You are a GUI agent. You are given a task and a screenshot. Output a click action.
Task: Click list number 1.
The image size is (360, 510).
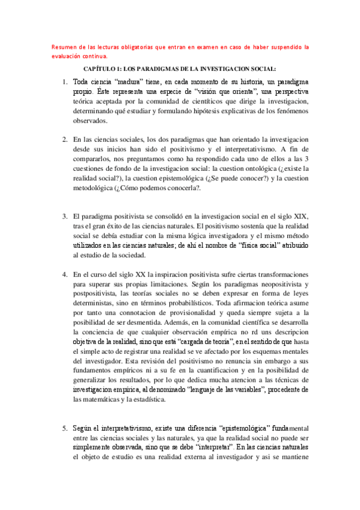65,81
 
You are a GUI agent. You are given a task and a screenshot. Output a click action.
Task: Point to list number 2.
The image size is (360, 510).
65,140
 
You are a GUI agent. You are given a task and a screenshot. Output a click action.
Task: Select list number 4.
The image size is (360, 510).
65,274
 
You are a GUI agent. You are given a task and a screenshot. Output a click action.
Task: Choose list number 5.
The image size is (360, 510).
65,428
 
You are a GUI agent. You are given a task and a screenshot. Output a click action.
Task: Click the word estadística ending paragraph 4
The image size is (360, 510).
166,400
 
